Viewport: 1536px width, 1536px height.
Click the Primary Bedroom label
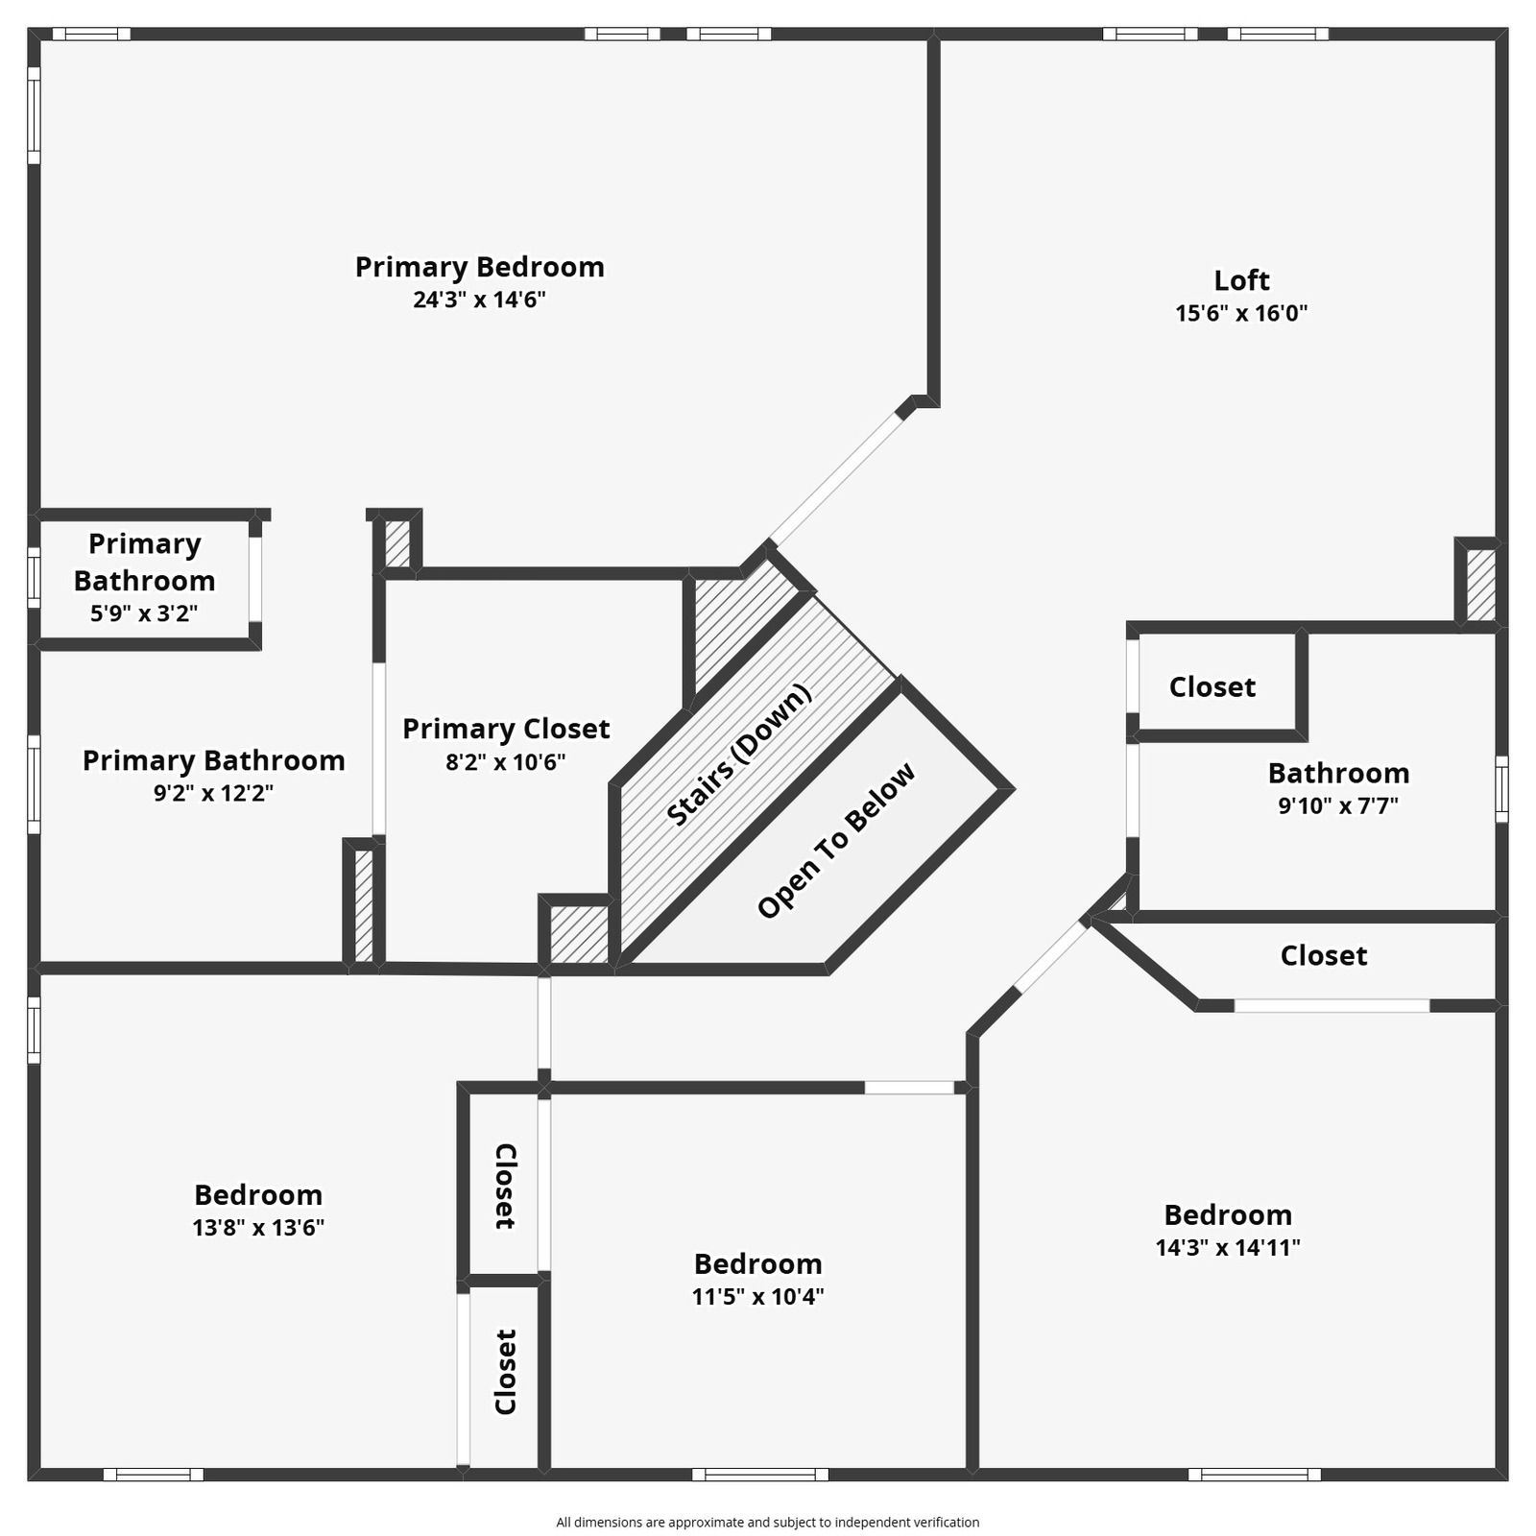click(479, 267)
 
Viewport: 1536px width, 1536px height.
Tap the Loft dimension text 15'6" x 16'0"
click(1241, 313)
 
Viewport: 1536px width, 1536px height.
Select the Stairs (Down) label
click(738, 755)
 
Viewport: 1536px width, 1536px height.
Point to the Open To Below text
click(836, 841)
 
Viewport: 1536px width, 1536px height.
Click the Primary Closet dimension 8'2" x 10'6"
click(505, 762)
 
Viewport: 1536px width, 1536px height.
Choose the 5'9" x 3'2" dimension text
click(144, 613)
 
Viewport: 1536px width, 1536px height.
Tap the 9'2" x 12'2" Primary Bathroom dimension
click(213, 793)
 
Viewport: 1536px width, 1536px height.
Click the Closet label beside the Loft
click(1212, 687)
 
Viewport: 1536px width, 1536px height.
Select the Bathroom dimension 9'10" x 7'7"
click(1337, 805)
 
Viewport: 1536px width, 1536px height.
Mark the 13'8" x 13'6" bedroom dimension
click(258, 1227)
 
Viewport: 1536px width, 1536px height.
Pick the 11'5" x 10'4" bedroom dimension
click(757, 1296)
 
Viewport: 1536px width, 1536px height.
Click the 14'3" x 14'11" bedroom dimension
click(1227, 1247)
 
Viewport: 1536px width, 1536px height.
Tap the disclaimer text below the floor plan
click(767, 1522)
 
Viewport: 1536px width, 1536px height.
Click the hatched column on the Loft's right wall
click(1480, 584)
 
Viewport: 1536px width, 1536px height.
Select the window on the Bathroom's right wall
click(1501, 789)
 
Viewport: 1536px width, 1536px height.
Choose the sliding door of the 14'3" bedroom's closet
click(1332, 1005)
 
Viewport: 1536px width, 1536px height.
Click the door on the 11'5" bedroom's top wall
click(909, 1088)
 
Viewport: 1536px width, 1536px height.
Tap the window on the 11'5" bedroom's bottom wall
click(759, 1474)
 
